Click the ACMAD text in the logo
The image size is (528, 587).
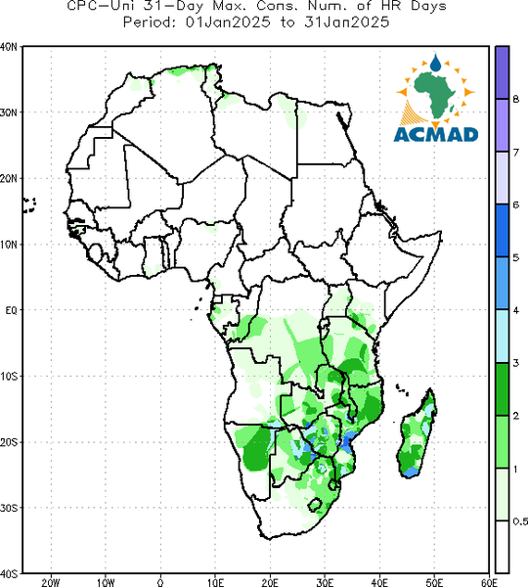436,135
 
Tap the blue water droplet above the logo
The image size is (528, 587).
435,63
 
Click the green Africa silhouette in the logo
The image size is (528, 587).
435,95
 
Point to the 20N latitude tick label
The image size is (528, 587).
9,179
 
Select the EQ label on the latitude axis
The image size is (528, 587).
11,310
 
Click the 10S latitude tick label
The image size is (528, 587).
9,377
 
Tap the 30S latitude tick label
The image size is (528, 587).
9,508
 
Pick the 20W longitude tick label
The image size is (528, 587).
51,582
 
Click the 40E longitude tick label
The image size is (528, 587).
379,582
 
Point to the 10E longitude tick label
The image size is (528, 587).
215,582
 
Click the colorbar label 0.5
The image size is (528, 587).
520,521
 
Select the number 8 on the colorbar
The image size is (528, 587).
515,99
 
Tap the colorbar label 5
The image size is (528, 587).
515,257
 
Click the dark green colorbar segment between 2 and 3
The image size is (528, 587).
503,389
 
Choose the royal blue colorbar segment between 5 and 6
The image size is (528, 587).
503,231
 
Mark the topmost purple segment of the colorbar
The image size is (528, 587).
503,72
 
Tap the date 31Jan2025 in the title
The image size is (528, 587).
346,23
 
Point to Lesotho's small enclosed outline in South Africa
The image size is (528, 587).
315,505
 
